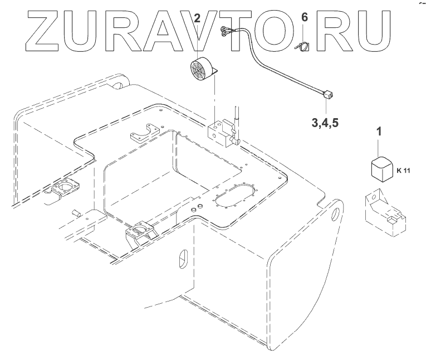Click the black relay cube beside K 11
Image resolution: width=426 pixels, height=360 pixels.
(380, 168)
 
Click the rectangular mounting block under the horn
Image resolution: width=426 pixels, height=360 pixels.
(218, 133)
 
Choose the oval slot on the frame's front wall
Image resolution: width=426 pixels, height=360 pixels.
(182, 259)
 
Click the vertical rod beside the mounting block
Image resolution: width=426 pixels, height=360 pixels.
(236, 119)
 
